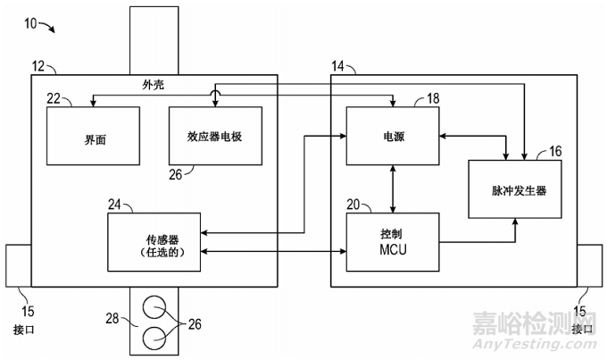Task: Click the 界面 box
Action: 93,135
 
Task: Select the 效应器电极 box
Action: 214,135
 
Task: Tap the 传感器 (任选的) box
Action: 154,241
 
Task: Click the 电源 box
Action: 392,136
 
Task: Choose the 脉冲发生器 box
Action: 515,189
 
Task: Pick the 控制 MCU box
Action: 393,241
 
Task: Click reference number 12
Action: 39,68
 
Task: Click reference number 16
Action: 554,151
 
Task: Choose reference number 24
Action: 114,205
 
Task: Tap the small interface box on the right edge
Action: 591,264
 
